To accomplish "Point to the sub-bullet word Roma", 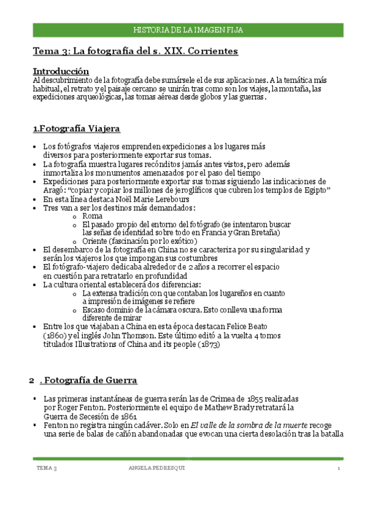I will [92, 216].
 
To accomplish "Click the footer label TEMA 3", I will [47, 468].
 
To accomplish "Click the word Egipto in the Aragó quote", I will [315, 190].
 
